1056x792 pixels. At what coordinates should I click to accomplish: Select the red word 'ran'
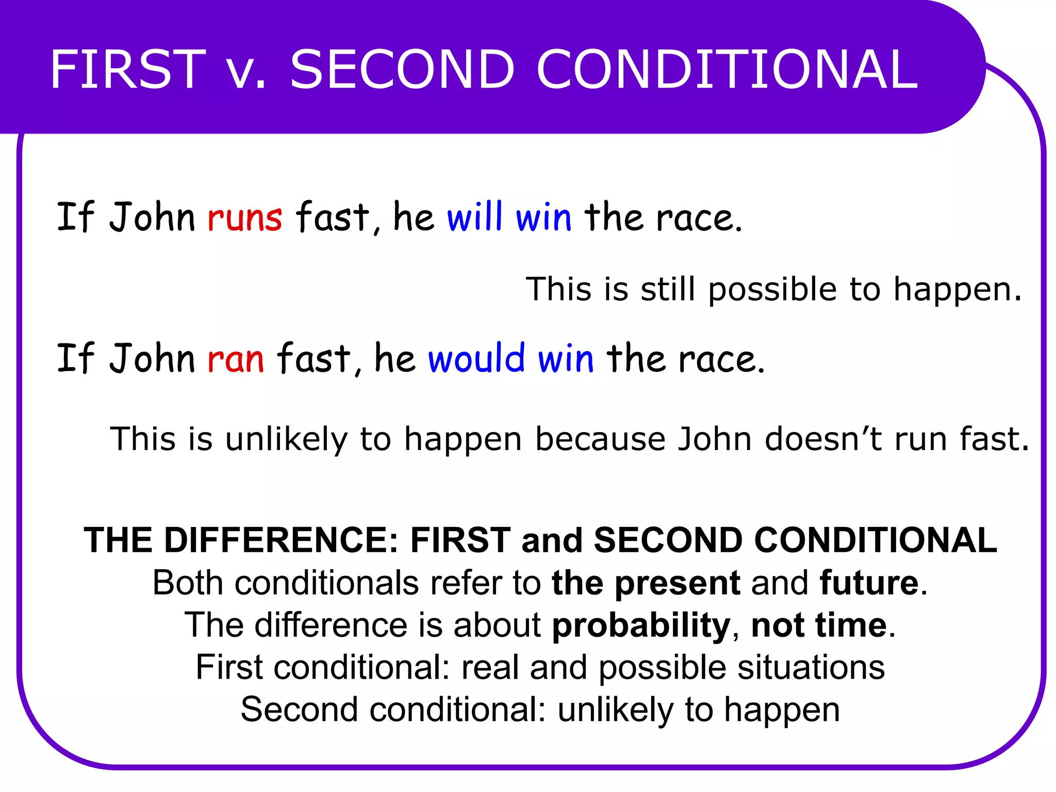pos(236,359)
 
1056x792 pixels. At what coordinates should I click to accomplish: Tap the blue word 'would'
pos(476,358)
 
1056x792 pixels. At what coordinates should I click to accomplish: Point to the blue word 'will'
pos(474,217)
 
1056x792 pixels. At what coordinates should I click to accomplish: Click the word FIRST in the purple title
pos(128,69)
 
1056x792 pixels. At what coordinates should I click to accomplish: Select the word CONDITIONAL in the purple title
pos(727,69)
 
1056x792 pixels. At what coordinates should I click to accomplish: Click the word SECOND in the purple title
pos(402,69)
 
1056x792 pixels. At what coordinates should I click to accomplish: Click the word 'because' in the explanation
pos(600,439)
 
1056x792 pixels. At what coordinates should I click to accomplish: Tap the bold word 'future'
pos(869,583)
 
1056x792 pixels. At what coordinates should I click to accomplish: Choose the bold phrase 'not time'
pos(819,625)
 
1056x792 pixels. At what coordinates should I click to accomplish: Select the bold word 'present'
pos(678,584)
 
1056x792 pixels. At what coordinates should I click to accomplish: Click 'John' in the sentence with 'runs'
pos(152,217)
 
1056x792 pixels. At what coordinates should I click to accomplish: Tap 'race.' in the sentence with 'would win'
pos(722,359)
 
